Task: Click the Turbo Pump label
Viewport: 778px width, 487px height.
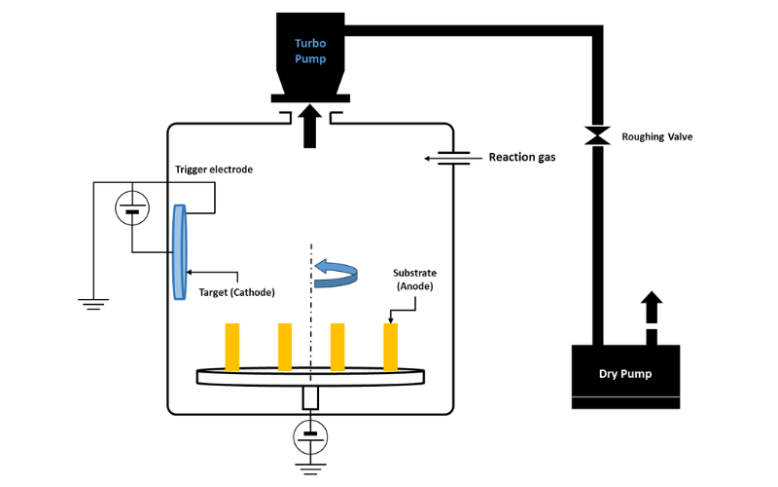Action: [311, 51]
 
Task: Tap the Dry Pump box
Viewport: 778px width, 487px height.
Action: [624, 376]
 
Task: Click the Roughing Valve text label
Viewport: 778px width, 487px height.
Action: [657, 137]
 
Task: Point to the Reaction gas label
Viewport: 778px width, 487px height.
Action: [521, 157]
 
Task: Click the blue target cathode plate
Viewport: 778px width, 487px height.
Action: [180, 252]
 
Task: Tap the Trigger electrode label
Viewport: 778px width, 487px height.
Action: [214, 169]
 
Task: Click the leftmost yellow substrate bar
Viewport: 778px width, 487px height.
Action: [232, 347]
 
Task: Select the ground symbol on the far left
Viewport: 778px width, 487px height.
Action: [93, 305]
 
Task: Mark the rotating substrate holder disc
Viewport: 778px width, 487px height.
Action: [311, 374]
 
